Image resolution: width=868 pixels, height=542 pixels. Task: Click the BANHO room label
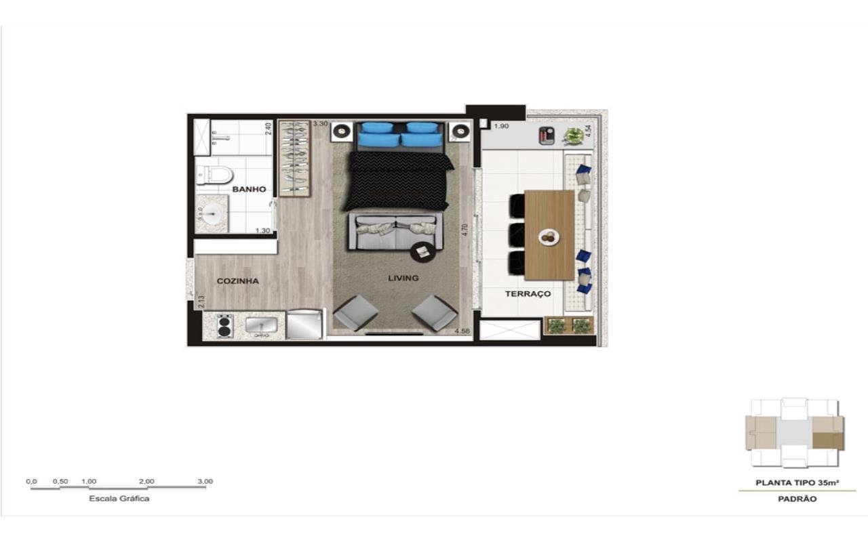coord(249,189)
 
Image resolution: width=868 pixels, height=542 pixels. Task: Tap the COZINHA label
coord(237,281)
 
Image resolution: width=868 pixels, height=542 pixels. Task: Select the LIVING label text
coord(403,278)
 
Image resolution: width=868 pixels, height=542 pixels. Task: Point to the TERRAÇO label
coord(528,294)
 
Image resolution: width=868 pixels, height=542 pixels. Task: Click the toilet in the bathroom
coord(214,175)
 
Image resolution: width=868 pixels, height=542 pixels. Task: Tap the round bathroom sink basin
coord(212,213)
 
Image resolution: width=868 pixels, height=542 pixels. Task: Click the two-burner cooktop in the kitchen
coord(224,326)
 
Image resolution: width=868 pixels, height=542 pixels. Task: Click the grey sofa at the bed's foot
coord(395,232)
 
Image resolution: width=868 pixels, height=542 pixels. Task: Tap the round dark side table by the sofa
coord(422,252)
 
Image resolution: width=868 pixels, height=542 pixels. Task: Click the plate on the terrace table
coord(549,236)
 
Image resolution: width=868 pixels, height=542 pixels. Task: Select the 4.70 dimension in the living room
coord(465,230)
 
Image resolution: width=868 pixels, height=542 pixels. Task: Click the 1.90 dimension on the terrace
coord(501,126)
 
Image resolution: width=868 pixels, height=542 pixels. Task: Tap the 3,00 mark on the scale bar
coord(205,481)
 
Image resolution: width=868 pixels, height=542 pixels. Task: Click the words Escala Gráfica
coord(119,499)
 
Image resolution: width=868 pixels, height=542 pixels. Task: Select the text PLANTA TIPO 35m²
coord(797,483)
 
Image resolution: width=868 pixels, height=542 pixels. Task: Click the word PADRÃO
coord(797,499)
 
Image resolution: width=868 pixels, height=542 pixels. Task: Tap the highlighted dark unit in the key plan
coord(828,441)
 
